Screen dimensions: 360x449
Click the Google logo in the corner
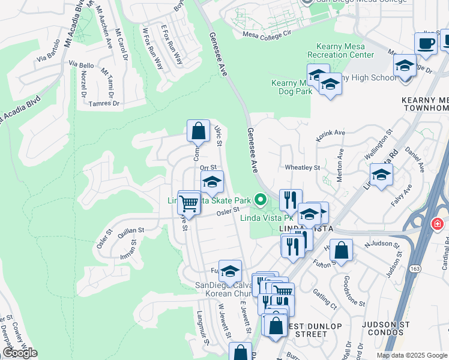(x=20, y=353)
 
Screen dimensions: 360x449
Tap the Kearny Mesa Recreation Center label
(x=340, y=51)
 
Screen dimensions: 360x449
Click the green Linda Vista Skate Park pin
(x=260, y=198)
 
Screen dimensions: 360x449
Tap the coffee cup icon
(x=426, y=44)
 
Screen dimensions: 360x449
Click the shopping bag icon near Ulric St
(x=197, y=130)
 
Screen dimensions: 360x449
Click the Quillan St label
(x=131, y=230)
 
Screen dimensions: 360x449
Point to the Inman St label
(x=129, y=256)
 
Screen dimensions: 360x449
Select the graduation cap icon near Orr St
(x=211, y=182)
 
